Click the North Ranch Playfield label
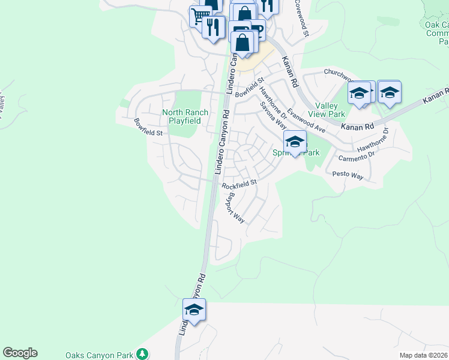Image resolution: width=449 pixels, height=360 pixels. click(x=185, y=116)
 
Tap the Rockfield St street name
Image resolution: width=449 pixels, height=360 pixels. click(x=239, y=184)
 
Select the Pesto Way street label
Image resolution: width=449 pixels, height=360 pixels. click(x=348, y=175)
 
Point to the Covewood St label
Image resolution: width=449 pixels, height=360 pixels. click(x=301, y=19)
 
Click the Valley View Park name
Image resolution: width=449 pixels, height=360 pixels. click(x=326, y=110)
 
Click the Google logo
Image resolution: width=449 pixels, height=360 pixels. click(x=20, y=353)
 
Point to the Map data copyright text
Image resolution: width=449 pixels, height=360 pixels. click(x=424, y=356)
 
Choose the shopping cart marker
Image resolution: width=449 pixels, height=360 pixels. click(x=199, y=16)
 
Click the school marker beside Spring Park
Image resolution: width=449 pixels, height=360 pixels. click(x=295, y=142)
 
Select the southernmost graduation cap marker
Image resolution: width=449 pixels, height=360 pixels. click(x=194, y=310)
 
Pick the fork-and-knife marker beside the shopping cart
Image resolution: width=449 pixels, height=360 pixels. click(x=213, y=26)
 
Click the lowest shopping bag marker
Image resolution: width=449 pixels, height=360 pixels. click(x=243, y=43)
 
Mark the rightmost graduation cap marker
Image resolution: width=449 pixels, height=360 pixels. click(x=389, y=92)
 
